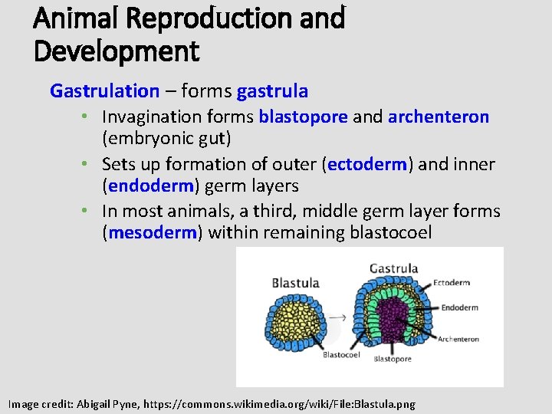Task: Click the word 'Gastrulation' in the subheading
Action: (104, 91)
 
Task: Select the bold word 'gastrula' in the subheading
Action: (272, 91)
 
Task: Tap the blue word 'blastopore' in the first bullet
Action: (303, 117)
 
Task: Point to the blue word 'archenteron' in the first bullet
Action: (438, 117)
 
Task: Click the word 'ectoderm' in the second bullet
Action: (367, 164)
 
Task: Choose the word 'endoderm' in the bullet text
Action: (153, 186)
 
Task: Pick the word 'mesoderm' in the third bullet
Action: (153, 233)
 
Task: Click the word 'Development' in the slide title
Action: (117, 51)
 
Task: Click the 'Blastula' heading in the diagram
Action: (295, 283)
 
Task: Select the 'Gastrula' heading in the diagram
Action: (393, 268)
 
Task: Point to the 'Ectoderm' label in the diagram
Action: (452, 283)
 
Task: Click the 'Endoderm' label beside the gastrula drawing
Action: (459, 308)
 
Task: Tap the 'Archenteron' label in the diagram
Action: (458, 339)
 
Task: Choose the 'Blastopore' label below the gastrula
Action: (392, 359)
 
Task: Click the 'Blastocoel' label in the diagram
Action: (341, 355)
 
